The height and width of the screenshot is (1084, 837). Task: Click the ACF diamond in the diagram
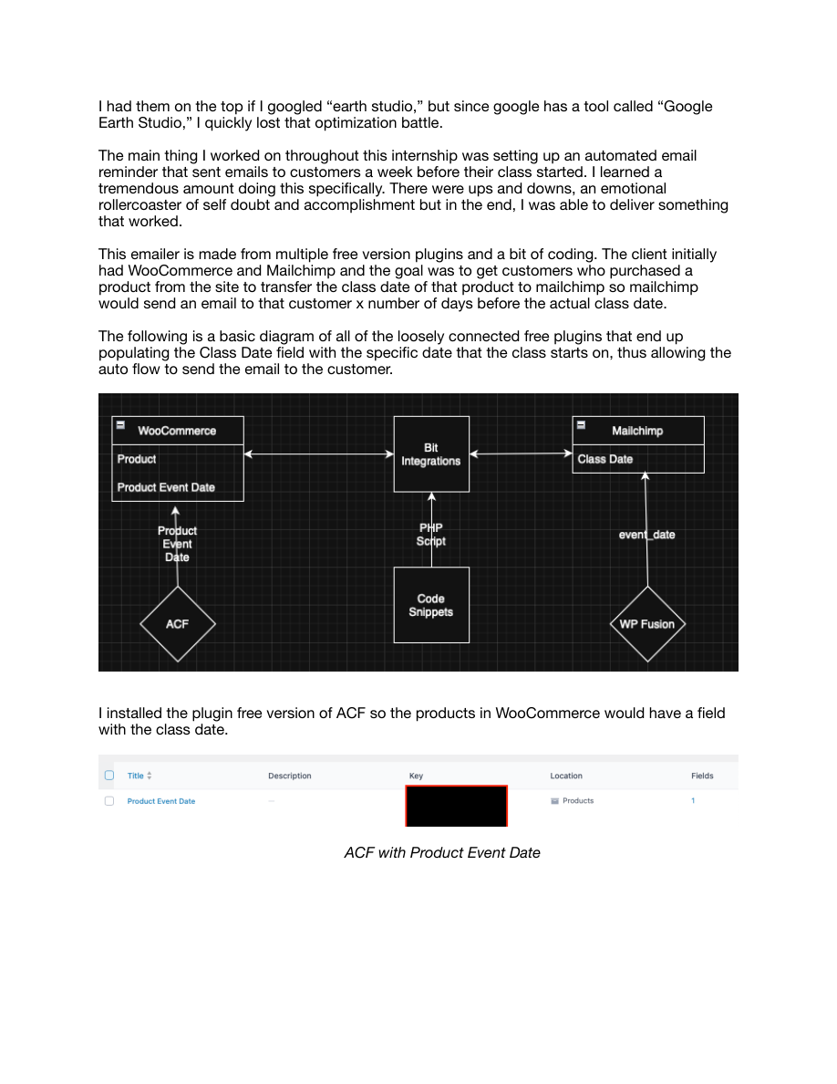click(x=178, y=624)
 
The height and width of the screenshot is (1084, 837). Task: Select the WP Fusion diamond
click(x=646, y=624)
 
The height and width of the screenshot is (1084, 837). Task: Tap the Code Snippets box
click(x=431, y=605)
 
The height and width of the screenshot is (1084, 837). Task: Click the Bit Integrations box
click(x=431, y=454)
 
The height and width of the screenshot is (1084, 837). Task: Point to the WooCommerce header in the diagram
click(x=177, y=431)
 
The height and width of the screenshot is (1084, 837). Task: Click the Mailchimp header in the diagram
click(x=637, y=431)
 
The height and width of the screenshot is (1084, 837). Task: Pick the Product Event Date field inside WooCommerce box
click(x=166, y=487)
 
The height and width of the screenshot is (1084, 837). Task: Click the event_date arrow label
click(x=646, y=535)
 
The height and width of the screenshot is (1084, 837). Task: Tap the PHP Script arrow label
click(x=431, y=535)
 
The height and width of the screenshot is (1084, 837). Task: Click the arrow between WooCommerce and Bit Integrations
click(x=318, y=453)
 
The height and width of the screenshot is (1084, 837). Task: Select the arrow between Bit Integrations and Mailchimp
click(x=521, y=453)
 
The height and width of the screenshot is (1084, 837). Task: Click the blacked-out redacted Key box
click(x=456, y=806)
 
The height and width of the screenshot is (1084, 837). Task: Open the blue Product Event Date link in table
click(x=161, y=801)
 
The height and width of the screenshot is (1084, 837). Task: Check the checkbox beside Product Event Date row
click(x=109, y=801)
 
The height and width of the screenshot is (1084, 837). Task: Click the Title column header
click(x=136, y=776)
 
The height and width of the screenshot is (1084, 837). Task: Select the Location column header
click(x=565, y=776)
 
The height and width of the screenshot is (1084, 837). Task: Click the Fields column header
click(x=702, y=776)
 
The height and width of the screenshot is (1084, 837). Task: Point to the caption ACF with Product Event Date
click(x=442, y=852)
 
